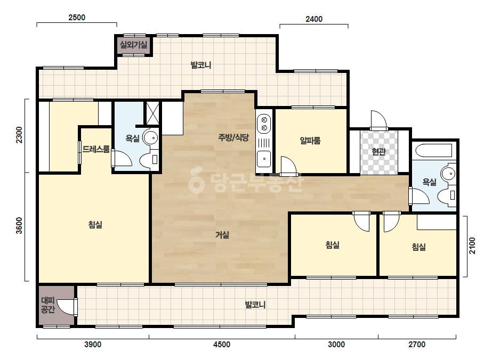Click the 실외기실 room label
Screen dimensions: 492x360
133,45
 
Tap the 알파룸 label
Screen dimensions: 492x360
310,141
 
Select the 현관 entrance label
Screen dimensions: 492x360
378,152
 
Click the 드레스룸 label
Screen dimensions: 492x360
96,149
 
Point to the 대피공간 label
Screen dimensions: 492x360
48,305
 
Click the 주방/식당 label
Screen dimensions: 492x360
233,137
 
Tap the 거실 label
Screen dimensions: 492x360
222,234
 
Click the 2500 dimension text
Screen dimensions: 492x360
77,18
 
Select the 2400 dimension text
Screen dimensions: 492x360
314,19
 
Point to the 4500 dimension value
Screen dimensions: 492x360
222,345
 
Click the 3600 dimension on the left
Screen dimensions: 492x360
19,225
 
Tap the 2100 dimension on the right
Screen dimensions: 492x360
472,246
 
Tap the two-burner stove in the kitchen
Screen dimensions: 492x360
264,124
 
